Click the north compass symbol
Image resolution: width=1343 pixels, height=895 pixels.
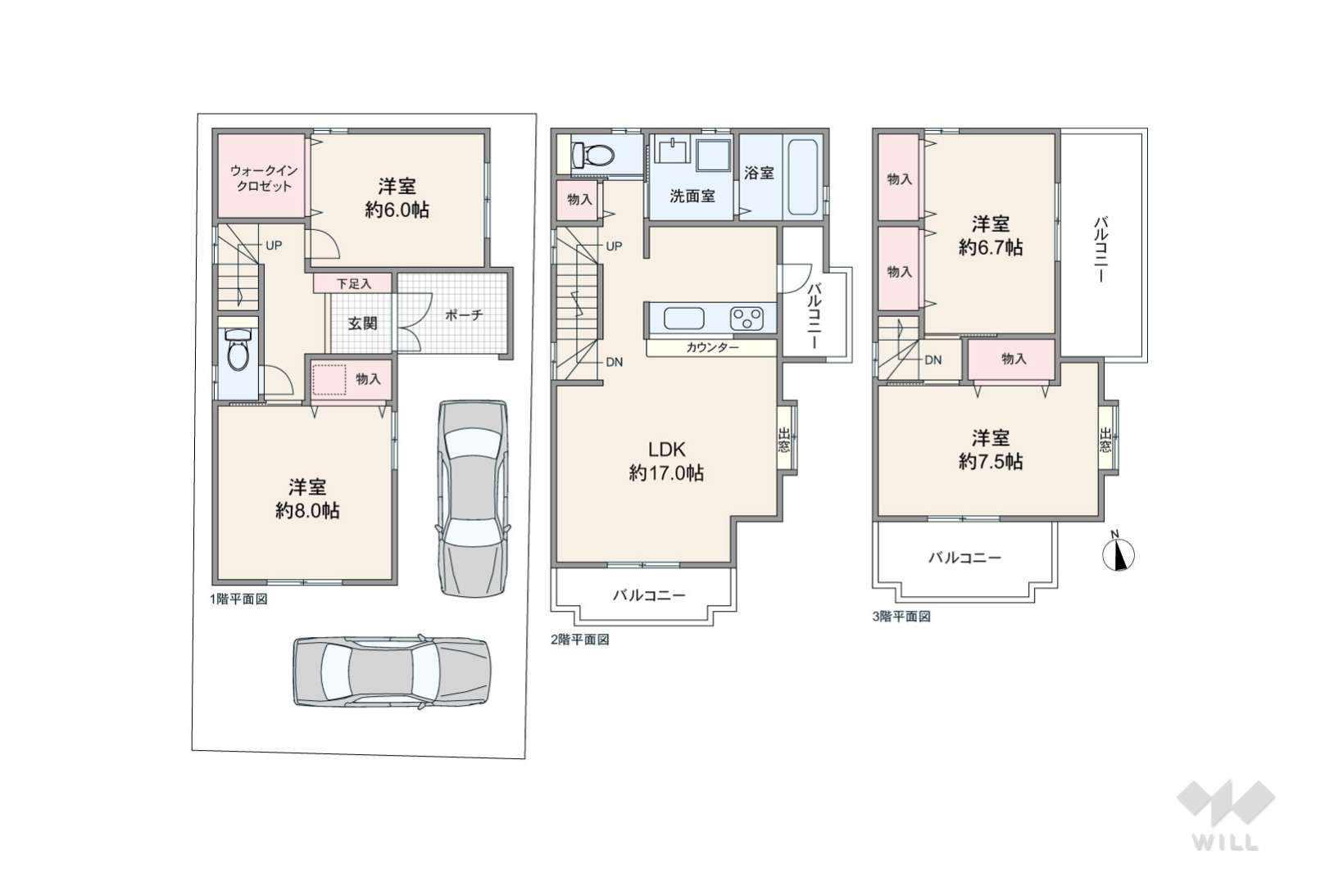click(1118, 553)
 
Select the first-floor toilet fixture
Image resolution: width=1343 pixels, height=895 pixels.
click(238, 352)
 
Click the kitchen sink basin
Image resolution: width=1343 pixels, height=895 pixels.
click(683, 319)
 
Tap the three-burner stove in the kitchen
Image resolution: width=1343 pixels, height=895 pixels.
click(746, 318)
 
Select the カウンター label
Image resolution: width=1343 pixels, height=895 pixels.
click(712, 347)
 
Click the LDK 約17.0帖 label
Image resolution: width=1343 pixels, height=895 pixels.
click(666, 461)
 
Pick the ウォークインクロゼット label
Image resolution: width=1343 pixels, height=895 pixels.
click(264, 178)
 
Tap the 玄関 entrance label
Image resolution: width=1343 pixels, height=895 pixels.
click(363, 323)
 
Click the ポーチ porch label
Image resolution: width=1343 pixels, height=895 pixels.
click(464, 314)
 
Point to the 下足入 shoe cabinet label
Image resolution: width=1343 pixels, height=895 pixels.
click(354, 283)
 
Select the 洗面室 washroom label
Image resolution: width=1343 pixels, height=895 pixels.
click(692, 196)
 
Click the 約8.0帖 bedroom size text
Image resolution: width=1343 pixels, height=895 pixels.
click(307, 510)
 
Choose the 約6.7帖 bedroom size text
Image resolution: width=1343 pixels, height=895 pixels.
click(991, 246)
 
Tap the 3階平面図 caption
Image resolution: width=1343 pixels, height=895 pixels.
click(901, 617)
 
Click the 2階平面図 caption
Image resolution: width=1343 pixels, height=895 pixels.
click(580, 640)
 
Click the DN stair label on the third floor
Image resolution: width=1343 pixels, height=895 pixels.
click(933, 360)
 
